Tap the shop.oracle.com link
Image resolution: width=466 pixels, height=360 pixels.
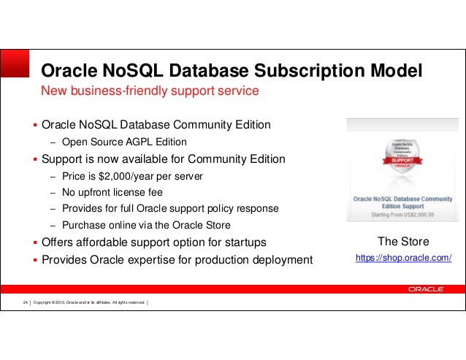tap(403, 258)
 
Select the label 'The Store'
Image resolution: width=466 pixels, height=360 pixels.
tap(403, 242)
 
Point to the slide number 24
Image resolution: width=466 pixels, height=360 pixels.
tap(25, 302)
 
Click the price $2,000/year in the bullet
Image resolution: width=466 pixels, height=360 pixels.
tap(126, 176)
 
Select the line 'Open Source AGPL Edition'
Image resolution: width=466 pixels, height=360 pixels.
tap(124, 142)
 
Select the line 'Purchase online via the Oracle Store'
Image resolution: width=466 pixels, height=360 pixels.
tap(146, 225)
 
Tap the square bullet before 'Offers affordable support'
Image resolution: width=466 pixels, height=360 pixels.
tap(34, 242)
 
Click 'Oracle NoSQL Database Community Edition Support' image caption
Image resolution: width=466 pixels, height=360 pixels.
tap(403, 202)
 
